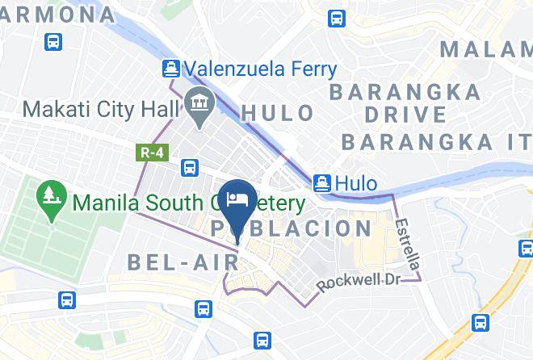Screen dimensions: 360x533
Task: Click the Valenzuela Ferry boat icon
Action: coord(170,69)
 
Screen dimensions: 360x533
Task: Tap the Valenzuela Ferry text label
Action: coord(258,69)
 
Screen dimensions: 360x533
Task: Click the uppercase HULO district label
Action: coord(278,113)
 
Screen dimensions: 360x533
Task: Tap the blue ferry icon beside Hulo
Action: coord(322,183)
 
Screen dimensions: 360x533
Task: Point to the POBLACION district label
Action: coord(292,229)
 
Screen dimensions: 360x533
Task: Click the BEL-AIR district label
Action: coord(183,262)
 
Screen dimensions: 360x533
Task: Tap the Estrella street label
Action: coord(409,245)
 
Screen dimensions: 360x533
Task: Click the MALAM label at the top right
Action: coord(485,50)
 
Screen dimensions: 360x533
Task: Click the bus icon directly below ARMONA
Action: coord(53,41)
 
